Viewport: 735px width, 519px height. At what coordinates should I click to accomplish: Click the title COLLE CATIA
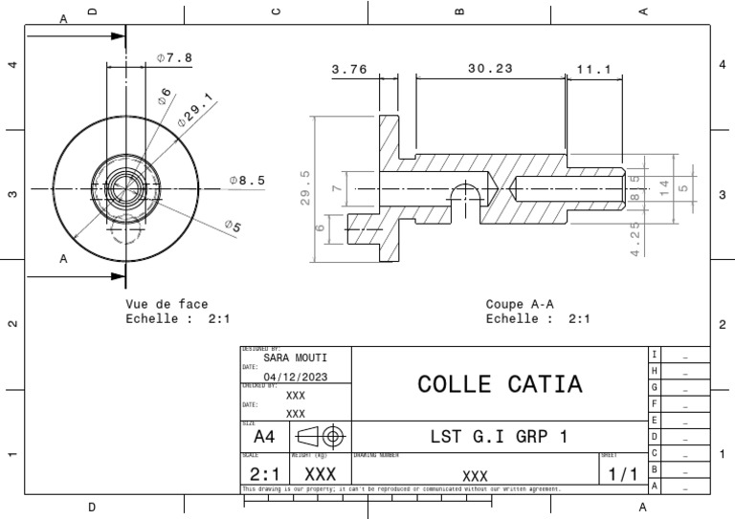500,384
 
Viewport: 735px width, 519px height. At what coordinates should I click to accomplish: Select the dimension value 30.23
490,69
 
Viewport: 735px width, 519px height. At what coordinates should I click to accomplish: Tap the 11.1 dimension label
594,69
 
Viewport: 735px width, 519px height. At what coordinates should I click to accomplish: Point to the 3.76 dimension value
349,69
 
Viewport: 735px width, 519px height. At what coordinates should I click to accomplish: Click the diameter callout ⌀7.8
174,57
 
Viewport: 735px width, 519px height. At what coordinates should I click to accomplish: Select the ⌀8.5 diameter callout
247,179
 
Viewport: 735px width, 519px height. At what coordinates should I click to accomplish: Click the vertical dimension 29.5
305,187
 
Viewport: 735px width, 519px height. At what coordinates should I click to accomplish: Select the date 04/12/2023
295,377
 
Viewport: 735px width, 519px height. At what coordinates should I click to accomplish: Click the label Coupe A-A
520,305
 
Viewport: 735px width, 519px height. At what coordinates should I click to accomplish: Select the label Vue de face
167,304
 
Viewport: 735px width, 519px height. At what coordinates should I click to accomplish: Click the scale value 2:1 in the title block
265,474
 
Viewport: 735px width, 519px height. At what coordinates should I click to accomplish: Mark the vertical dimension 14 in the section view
663,187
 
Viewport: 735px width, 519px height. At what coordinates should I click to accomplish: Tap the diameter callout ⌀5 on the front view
233,226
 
